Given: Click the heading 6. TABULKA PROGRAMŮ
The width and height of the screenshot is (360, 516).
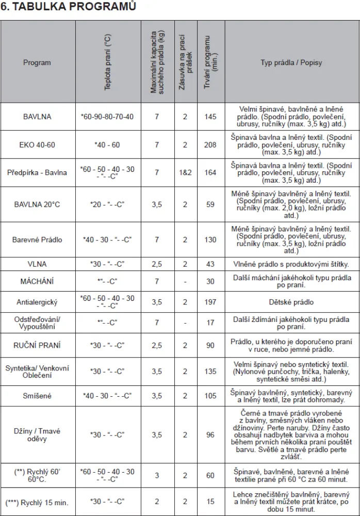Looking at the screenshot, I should click(x=68, y=7).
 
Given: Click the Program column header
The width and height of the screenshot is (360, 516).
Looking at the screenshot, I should click(x=37, y=62).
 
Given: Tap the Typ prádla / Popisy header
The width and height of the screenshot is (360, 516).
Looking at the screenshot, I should click(x=291, y=62).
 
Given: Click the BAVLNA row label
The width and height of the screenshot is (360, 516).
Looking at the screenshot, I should click(x=37, y=117).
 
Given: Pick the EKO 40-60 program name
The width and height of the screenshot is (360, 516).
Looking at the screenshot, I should click(x=37, y=144).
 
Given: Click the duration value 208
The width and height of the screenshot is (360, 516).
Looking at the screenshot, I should click(x=210, y=144).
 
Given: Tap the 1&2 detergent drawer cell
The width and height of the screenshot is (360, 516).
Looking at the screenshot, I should click(x=185, y=172).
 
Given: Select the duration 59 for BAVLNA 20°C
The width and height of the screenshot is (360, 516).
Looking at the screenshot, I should click(x=210, y=204).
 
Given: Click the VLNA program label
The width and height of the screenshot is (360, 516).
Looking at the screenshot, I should click(x=37, y=264).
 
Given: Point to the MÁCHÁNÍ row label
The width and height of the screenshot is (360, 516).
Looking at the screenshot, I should click(x=37, y=282).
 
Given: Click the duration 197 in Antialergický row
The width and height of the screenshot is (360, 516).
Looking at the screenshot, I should click(x=210, y=302).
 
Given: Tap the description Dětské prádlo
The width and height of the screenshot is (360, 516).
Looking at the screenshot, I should click(x=291, y=302).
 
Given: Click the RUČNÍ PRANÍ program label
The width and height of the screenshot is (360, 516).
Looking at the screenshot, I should click(x=37, y=345).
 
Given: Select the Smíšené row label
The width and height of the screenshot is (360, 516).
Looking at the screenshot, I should click(x=37, y=396).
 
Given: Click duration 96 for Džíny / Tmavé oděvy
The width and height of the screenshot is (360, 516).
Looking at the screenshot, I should click(x=210, y=435).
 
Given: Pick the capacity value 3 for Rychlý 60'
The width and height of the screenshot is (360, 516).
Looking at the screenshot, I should click(x=157, y=475).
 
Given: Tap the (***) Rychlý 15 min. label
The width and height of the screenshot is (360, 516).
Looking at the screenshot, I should click(x=37, y=502).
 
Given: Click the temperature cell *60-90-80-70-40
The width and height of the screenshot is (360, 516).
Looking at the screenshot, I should click(x=107, y=117).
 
